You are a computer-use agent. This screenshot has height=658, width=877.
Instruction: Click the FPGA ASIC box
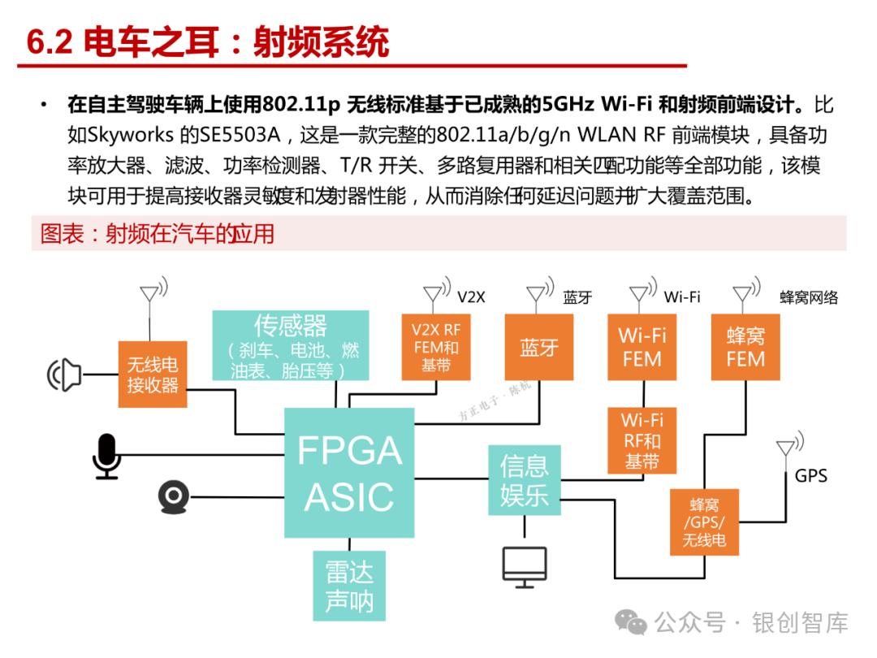pyautogui.click(x=349, y=473)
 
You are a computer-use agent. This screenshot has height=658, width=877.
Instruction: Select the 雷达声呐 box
pyautogui.click(x=349, y=586)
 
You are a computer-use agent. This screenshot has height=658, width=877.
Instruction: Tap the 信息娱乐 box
pyautogui.click(x=524, y=480)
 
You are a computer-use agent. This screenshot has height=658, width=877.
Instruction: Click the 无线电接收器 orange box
pyautogui.click(x=152, y=374)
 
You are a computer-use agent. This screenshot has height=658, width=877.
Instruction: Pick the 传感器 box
pyautogui.click(x=290, y=346)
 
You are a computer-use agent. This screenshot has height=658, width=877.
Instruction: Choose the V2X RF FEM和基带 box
pyautogui.click(x=436, y=347)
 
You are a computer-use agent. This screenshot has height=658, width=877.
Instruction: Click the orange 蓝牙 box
pyautogui.click(x=539, y=347)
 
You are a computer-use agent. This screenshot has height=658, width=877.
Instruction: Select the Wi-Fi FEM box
pyautogui.click(x=642, y=347)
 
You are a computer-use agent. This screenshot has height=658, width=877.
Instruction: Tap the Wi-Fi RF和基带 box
pyautogui.click(x=642, y=440)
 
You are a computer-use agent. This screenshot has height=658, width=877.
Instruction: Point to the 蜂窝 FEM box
pyautogui.click(x=745, y=347)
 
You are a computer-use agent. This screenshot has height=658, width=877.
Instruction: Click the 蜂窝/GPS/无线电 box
pyautogui.click(x=704, y=522)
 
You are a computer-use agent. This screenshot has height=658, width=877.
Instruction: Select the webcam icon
pyautogui.click(x=174, y=497)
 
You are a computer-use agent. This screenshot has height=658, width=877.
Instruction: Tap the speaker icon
pyautogui.click(x=64, y=374)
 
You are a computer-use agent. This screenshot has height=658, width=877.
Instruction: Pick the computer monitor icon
pyautogui.click(x=524, y=567)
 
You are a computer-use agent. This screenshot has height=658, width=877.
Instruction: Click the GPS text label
pyautogui.click(x=810, y=475)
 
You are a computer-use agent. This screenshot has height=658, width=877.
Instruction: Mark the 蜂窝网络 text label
pyautogui.click(x=809, y=297)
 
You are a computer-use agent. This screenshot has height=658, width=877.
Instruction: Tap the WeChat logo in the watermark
pyautogui.click(x=631, y=621)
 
